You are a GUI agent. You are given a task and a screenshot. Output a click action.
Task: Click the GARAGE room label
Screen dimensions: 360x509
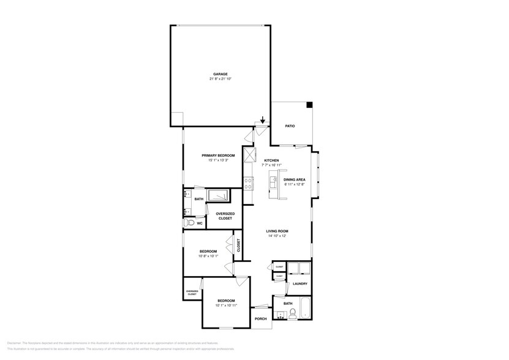[220, 74]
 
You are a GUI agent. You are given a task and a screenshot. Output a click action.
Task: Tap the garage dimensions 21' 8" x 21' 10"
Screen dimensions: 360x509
[220, 79]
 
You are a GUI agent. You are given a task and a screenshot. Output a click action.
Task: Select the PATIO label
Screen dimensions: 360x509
[290, 126]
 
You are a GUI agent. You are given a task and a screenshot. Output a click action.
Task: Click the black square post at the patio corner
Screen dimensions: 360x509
[310, 105]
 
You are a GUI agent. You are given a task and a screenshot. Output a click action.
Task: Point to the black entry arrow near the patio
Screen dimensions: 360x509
[263, 120]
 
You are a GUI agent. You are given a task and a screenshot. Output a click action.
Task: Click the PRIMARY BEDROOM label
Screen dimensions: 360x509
[218, 156]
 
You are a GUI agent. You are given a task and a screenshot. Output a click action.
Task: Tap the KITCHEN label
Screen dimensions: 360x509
[271, 160]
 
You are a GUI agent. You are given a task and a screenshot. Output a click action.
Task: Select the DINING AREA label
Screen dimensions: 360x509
[295, 179]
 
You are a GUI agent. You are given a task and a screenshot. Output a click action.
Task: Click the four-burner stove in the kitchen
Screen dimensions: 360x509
[249, 182]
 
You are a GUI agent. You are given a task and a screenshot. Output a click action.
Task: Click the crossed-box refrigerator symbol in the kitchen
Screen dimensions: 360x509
[249, 154]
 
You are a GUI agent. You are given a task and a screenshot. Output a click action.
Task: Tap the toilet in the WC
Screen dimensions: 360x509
[189, 223]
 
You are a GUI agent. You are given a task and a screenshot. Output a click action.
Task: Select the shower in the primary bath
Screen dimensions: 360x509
[218, 195]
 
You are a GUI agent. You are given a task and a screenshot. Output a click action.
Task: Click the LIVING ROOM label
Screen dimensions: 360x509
[277, 231]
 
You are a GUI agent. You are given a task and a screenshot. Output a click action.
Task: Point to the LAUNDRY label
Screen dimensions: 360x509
[300, 283]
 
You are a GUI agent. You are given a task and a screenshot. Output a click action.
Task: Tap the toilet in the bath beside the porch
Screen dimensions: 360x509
[292, 313]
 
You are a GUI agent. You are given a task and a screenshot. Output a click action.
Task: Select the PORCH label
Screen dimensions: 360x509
[260, 318]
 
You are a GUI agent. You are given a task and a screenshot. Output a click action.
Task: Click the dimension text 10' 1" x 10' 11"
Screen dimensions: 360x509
[225, 305]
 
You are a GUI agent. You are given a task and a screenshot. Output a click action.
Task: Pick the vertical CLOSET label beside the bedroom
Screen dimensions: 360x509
[239, 245]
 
